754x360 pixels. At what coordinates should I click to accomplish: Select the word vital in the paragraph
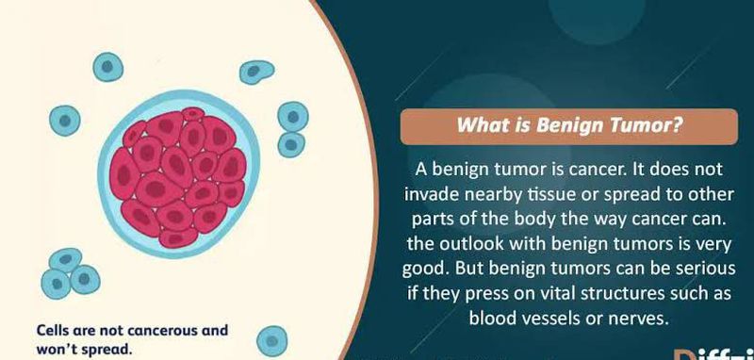[x=554, y=293]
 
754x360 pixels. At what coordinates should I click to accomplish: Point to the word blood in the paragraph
[x=492, y=318]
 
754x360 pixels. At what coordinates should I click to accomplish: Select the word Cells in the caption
[x=53, y=331]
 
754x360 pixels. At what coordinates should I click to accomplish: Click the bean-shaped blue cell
[x=256, y=72]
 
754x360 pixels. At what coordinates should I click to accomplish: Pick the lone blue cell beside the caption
[x=271, y=341]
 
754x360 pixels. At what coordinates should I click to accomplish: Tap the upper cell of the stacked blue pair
[x=293, y=116]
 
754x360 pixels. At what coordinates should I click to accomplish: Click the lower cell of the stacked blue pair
[x=291, y=144]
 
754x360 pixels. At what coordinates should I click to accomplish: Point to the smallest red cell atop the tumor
[x=193, y=114]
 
